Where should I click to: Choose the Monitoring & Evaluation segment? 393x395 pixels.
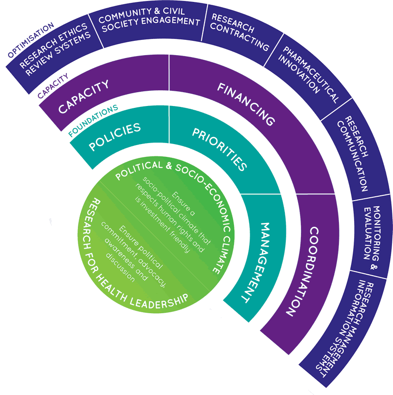coord(373,232)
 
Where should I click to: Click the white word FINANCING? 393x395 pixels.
coord(246,105)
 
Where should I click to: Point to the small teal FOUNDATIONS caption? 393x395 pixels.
coord(93,119)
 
